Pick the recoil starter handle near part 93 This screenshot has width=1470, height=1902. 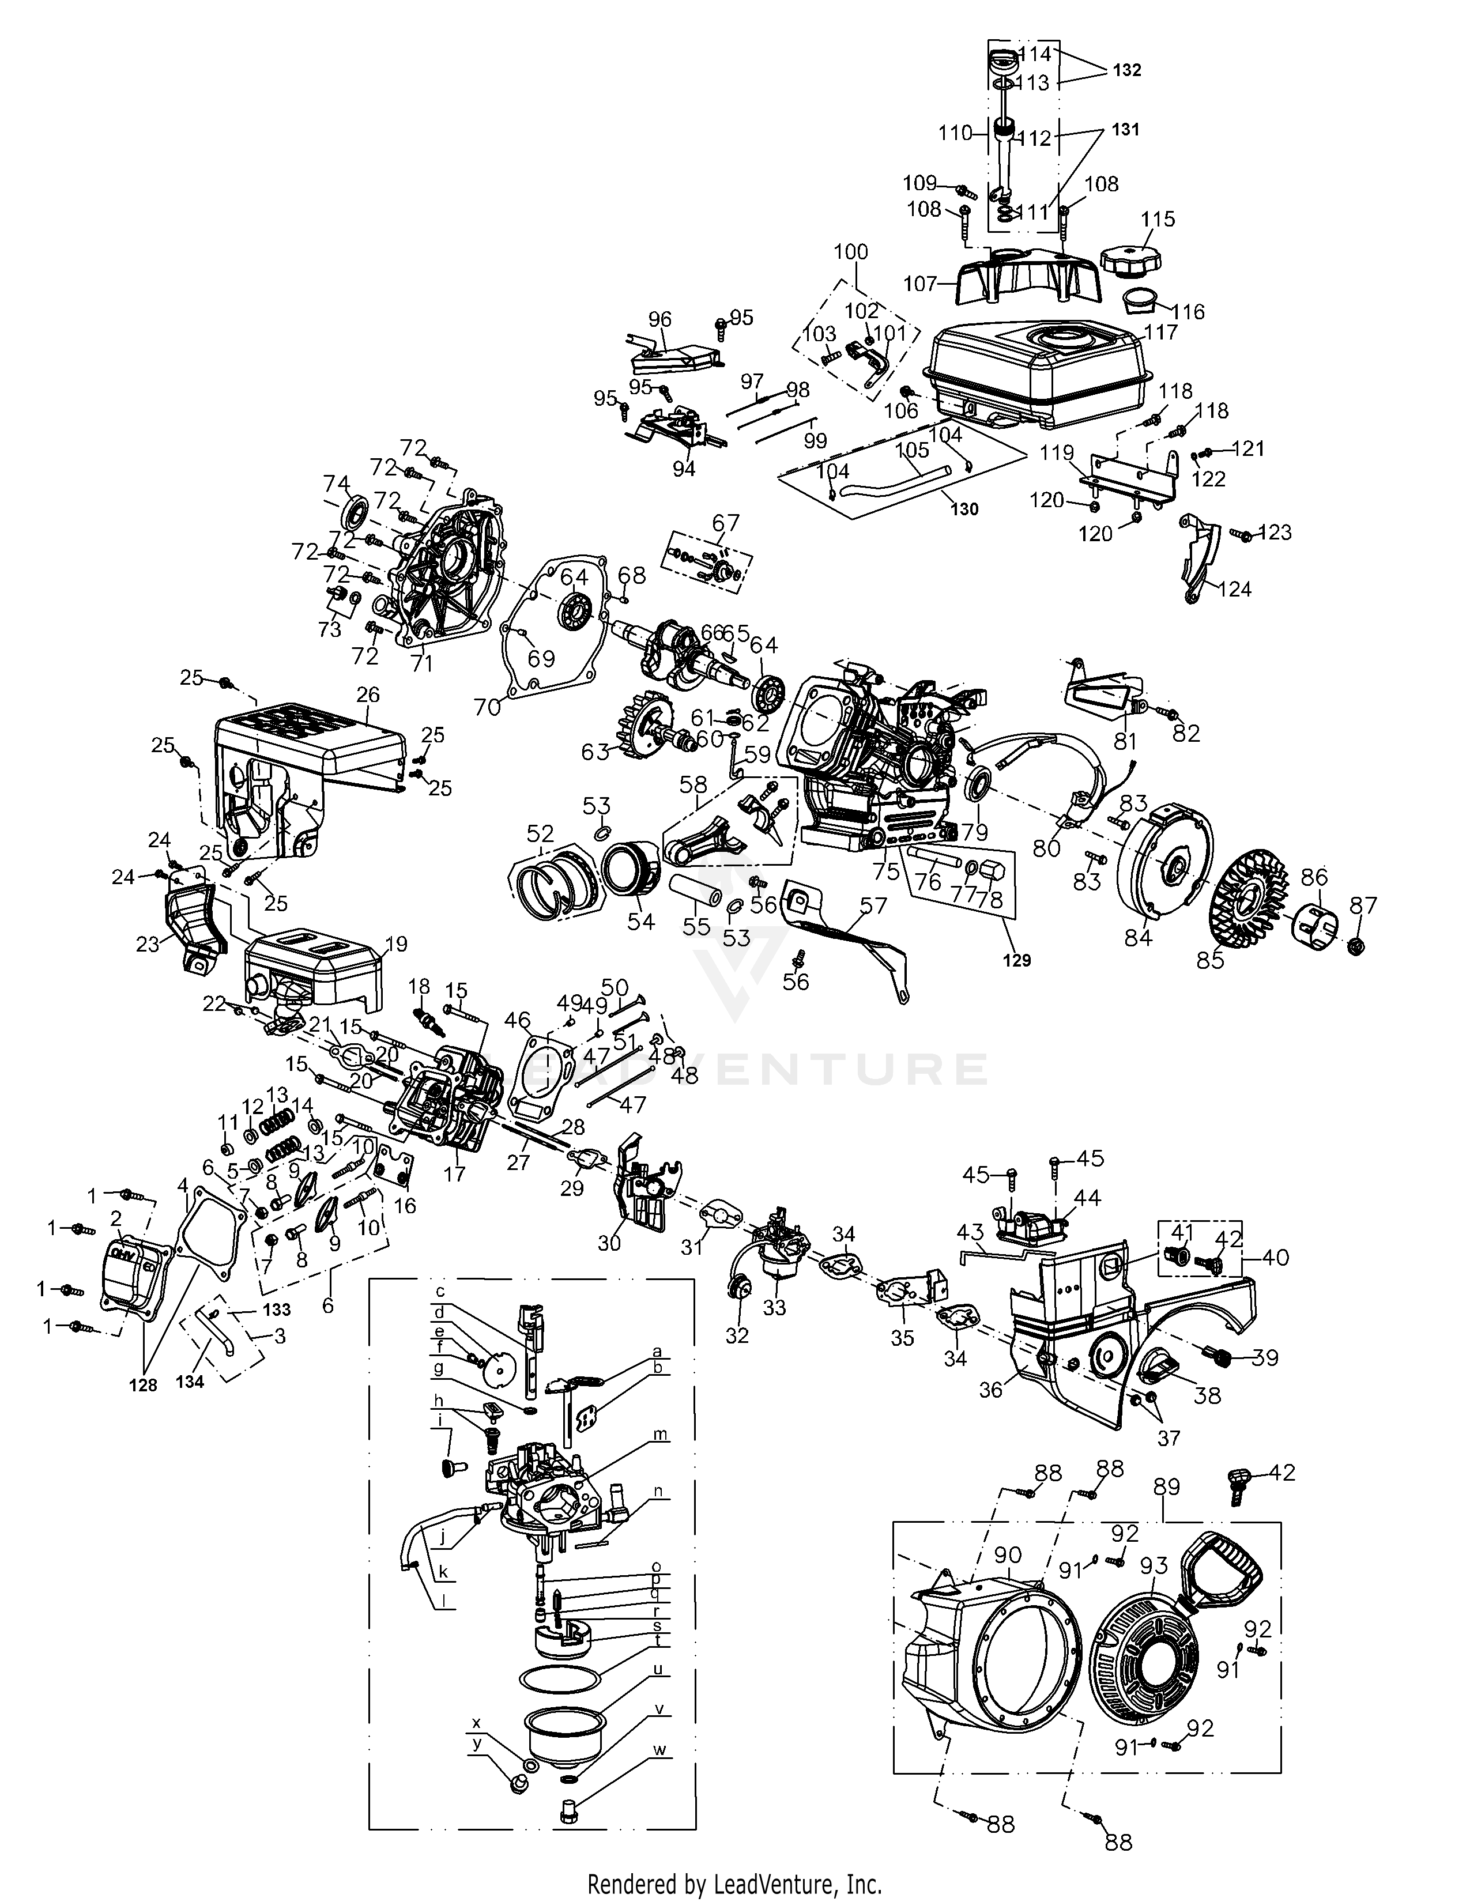coord(1219,1568)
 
